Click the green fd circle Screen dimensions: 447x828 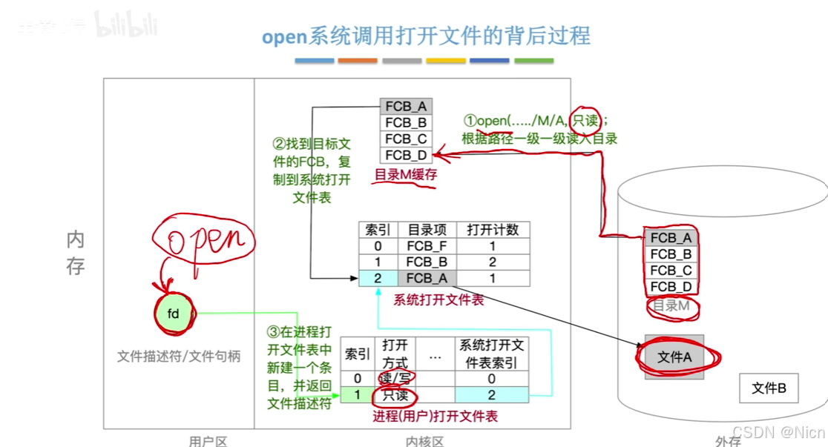coord(173,314)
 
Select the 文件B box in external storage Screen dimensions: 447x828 coord(769,387)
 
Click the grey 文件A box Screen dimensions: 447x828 coord(674,357)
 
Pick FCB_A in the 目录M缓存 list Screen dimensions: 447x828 coord(406,106)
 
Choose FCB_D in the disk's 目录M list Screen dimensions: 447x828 coord(671,287)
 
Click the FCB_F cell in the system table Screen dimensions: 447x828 coord(427,245)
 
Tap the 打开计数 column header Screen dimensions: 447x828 coord(493,229)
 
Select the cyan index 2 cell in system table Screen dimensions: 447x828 coord(378,278)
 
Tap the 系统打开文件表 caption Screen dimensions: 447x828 coord(438,299)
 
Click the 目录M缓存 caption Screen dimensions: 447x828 coord(405,176)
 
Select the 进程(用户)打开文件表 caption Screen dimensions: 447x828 coord(435,417)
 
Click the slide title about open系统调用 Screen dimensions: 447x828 coord(426,36)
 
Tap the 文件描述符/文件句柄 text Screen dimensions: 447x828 coord(179,356)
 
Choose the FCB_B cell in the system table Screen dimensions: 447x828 coord(427,262)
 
